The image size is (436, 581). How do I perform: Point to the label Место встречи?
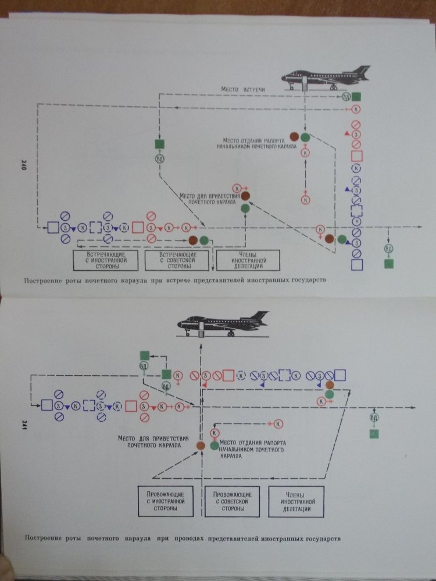click(243, 89)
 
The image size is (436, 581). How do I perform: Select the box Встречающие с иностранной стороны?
click(107, 260)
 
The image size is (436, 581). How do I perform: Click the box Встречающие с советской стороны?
click(177, 260)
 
